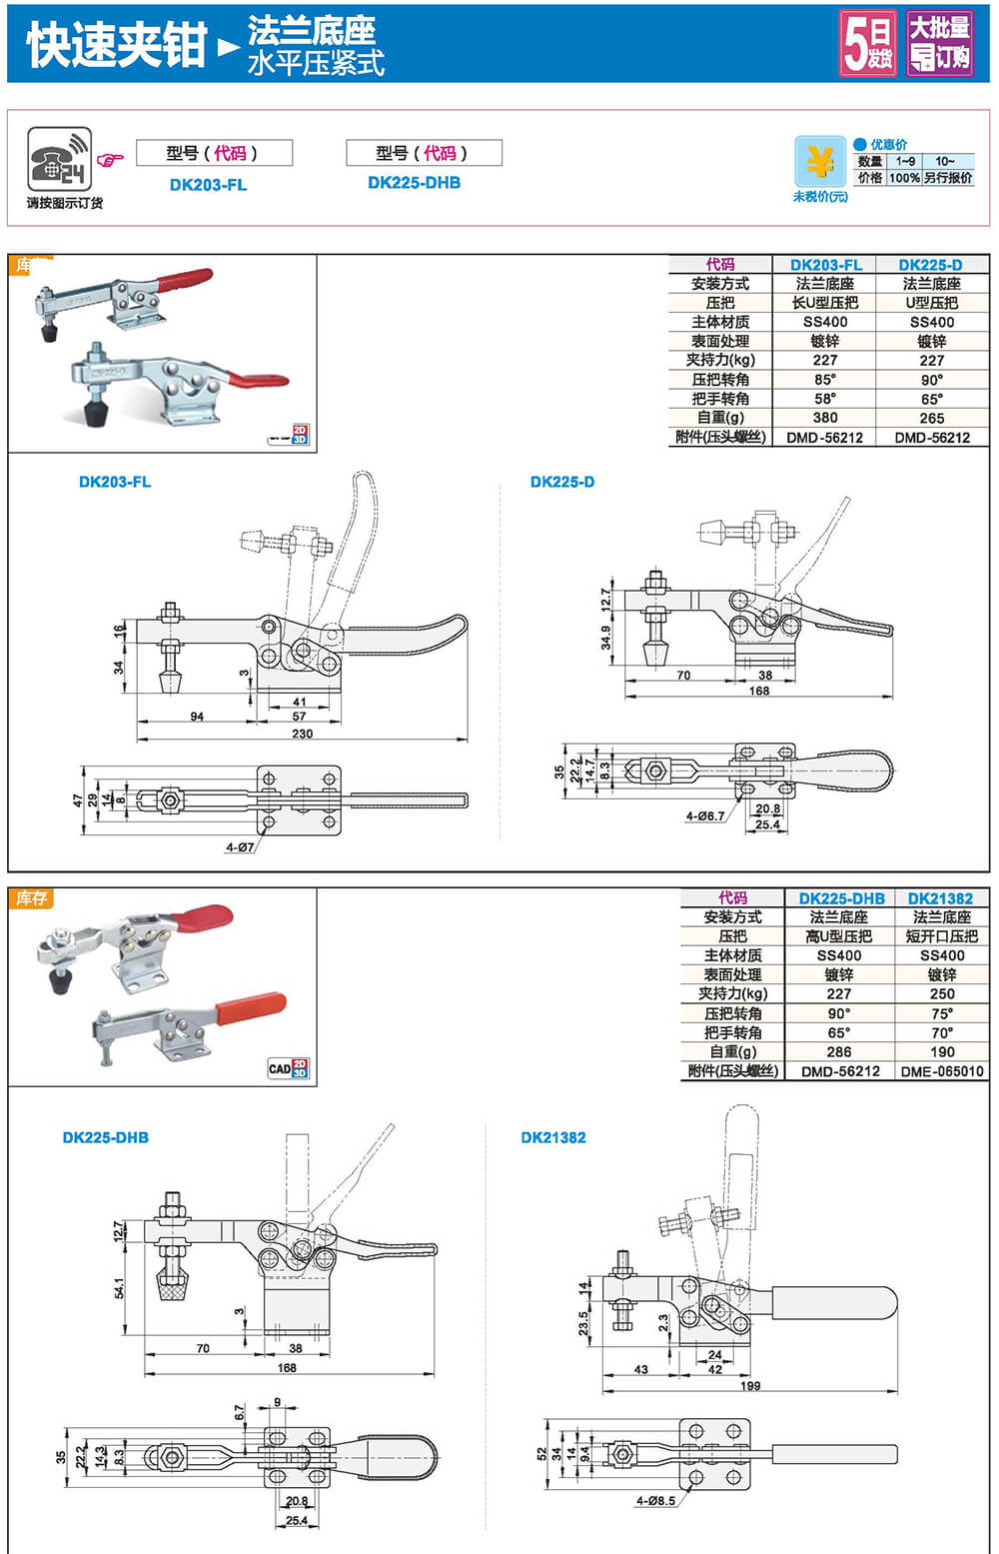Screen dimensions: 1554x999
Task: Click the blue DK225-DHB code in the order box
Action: click(x=414, y=183)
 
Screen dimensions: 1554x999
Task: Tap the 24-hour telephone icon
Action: click(x=59, y=160)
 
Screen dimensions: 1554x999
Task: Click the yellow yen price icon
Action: click(x=819, y=161)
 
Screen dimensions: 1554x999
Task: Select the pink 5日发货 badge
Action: click(x=867, y=43)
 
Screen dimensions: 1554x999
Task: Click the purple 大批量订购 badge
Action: click(x=939, y=43)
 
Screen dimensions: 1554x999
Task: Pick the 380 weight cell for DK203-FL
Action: click(x=825, y=418)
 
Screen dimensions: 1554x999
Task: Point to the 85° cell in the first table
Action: click(x=825, y=380)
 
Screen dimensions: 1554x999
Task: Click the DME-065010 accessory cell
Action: click(x=941, y=1071)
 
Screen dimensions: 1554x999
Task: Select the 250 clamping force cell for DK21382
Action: click(x=941, y=994)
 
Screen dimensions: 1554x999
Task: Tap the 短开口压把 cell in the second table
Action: click(x=941, y=936)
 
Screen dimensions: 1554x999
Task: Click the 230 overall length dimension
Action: click(x=302, y=734)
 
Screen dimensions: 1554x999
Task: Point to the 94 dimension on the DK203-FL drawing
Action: click(x=197, y=717)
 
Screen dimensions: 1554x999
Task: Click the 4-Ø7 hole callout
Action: click(x=240, y=847)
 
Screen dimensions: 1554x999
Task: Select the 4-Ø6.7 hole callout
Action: click(x=705, y=816)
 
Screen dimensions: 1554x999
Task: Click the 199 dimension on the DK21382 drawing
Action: click(x=750, y=1385)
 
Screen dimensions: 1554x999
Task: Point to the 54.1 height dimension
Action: click(x=120, y=1288)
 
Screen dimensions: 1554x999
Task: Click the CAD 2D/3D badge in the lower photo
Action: click(x=288, y=1068)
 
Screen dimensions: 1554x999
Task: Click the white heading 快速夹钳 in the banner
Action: click(x=116, y=45)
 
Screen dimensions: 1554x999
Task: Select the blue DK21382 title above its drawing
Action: click(x=553, y=1137)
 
